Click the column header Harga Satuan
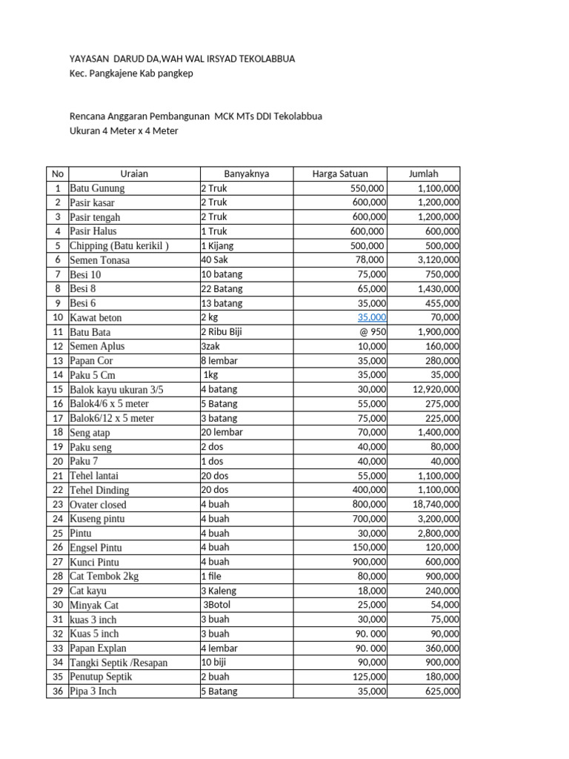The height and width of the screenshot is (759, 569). pos(340,174)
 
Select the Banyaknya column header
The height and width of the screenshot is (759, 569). pos(247,174)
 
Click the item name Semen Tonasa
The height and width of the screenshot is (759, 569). pos(99,260)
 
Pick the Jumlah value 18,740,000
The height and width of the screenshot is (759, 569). pos(433,504)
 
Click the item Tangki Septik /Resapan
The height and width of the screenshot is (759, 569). pos(119,663)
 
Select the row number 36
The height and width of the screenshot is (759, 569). pos(57,692)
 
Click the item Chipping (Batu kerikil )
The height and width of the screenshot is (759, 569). pos(119,246)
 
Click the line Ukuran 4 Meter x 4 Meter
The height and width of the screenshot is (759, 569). pos(124,131)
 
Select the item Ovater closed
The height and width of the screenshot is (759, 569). pos(98,505)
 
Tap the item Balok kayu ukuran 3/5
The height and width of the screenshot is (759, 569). pos(116,390)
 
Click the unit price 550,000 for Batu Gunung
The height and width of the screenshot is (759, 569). pos(368,188)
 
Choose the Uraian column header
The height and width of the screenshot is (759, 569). pos(134,174)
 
